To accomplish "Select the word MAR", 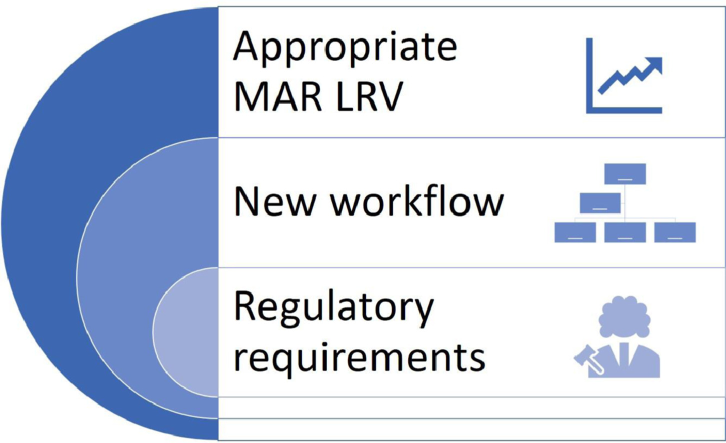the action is coord(278,96).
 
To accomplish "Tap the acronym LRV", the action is coord(369,96).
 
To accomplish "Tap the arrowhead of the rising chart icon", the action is coord(654,65).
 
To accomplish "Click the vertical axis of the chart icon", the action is coord(589,76).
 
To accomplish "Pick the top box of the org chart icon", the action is coord(625,174).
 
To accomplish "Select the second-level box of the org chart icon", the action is coord(600,203).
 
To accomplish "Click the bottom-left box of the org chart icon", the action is coord(575,232).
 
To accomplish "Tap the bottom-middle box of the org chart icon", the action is coord(625,232).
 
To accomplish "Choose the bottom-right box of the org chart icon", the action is coord(675,232).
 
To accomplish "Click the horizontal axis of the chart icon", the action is coord(624,110).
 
